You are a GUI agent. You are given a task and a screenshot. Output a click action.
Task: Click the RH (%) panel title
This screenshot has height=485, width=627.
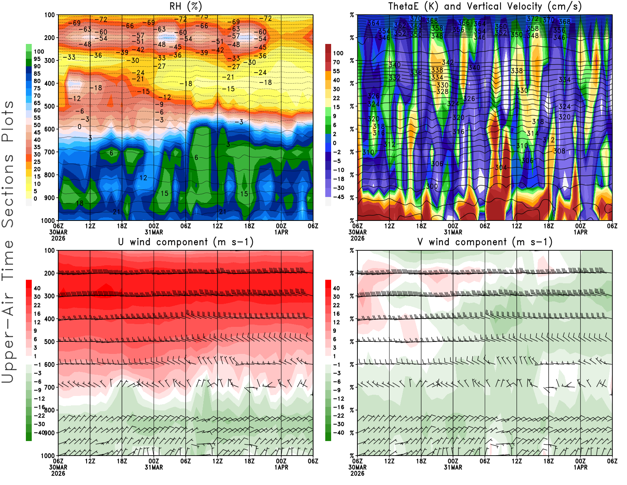185,6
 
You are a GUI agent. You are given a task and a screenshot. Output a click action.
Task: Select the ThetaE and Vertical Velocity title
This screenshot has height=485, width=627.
485,6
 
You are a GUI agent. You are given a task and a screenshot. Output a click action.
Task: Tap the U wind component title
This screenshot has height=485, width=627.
185,242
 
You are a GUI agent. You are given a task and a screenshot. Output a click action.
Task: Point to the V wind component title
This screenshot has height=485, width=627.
485,242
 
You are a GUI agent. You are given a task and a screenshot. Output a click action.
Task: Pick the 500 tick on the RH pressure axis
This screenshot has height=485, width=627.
49,106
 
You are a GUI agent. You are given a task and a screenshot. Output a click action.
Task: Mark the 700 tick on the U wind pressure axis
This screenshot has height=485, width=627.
49,387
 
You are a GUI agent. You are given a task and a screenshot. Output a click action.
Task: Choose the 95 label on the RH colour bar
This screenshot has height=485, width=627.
37,59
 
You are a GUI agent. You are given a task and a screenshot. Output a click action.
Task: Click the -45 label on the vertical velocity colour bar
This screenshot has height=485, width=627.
338,197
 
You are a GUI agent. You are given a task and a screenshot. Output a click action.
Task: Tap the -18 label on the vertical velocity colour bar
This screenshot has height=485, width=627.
338,179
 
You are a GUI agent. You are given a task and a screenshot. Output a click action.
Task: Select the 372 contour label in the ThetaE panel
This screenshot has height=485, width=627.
533,19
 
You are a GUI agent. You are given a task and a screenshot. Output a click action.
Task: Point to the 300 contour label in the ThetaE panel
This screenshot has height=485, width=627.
432,186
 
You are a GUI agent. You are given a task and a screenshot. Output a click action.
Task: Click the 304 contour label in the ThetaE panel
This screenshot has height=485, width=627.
501,168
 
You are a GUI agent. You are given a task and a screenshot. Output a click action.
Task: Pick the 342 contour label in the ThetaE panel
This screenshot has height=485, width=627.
448,62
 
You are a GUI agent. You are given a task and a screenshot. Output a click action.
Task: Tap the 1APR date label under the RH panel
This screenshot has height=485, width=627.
281,232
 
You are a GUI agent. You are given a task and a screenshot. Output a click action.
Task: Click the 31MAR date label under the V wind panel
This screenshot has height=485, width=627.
453,467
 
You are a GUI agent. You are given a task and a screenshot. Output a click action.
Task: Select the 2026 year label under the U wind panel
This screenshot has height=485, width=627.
58,473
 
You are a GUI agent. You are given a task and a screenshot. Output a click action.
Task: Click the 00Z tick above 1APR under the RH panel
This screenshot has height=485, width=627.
281,226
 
